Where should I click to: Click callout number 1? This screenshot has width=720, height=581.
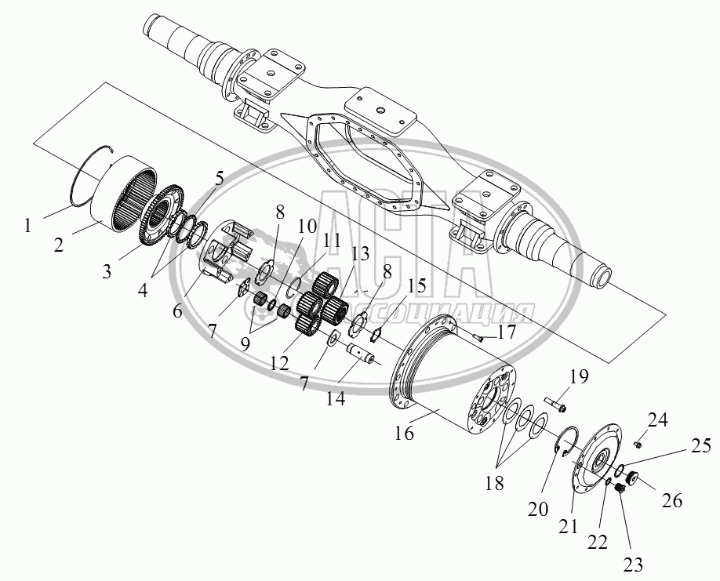(28, 226)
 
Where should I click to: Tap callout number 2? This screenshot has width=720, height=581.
(58, 245)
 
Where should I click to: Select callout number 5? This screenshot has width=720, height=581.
(220, 179)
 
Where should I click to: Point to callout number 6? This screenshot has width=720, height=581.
(177, 310)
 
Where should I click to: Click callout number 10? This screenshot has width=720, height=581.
(307, 226)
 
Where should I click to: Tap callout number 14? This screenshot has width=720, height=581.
(336, 398)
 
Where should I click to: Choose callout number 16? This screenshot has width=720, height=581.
(405, 433)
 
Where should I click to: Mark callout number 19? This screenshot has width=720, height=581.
(579, 377)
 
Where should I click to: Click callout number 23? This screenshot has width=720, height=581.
(633, 565)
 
